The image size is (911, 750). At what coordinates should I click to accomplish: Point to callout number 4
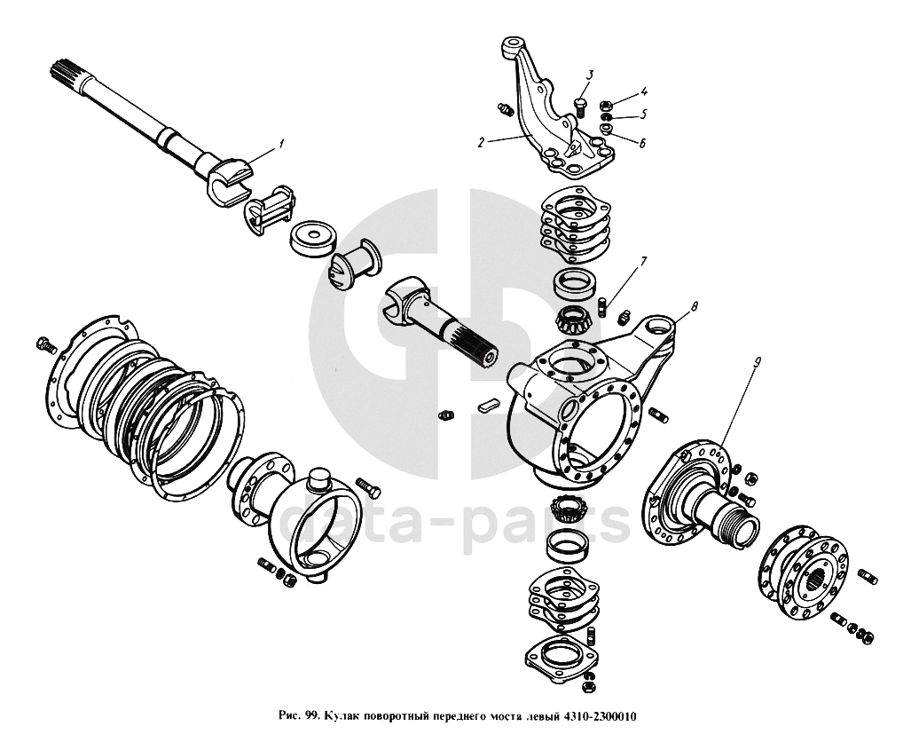645,91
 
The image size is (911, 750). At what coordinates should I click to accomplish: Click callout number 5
645,114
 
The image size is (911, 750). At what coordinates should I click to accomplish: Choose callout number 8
694,306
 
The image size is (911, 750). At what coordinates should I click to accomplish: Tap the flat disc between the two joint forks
313,238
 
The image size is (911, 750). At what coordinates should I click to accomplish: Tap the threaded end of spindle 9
740,530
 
